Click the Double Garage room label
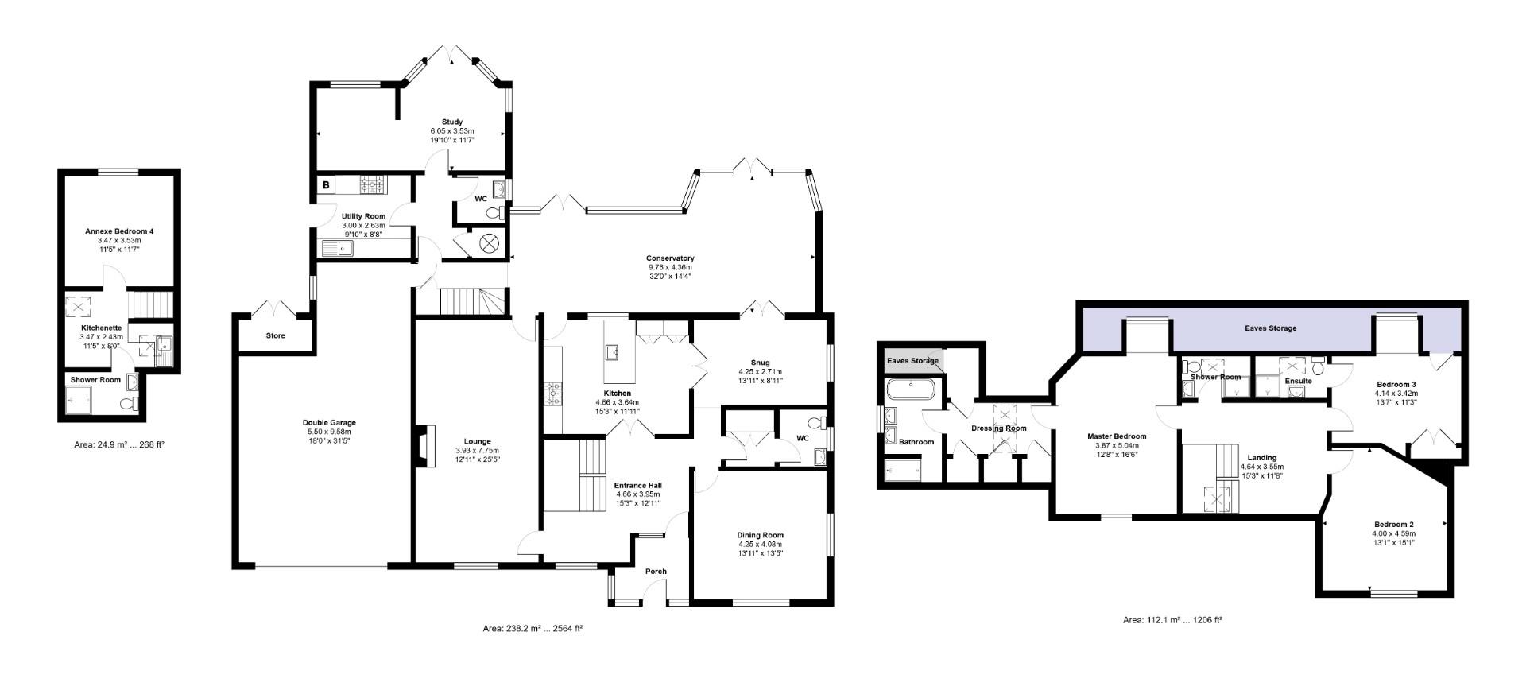tap(329, 423)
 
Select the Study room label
tap(452, 122)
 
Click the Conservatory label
tap(670, 258)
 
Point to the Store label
tap(275, 336)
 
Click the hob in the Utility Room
tap(372, 185)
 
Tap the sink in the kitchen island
tap(613, 351)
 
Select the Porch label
tap(656, 572)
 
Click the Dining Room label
tap(760, 535)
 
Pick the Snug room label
tap(760, 363)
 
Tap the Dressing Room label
tap(999, 428)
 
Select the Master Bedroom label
tap(1117, 436)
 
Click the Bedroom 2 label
tap(1394, 525)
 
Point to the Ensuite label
tap(1298, 382)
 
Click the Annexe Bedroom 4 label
tap(119, 231)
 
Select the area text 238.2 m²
tap(533, 629)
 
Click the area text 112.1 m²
tap(1172, 620)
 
